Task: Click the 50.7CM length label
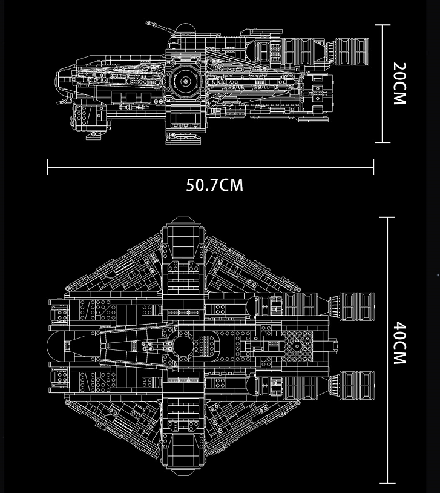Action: [214, 185]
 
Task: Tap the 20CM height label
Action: [399, 83]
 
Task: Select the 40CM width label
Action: [399, 344]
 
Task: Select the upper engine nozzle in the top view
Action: [353, 306]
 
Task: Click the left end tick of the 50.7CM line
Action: [47, 167]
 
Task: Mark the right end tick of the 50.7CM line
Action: [373, 167]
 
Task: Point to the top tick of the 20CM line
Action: [382, 25]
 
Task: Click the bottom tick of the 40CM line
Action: [387, 483]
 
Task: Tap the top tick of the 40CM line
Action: [387, 217]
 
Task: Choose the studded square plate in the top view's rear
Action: [297, 346]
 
